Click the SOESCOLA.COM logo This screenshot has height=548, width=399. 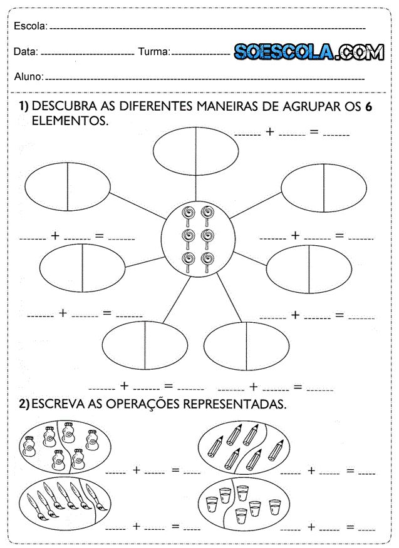309,52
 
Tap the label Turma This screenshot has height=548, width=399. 153,52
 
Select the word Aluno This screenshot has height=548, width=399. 28,76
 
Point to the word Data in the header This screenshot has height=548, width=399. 26,52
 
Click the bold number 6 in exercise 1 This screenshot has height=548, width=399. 369,107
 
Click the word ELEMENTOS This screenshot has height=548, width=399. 70,120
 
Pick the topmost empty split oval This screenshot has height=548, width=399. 196,153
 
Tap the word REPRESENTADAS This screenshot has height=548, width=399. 234,404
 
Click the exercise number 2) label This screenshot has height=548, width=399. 24,404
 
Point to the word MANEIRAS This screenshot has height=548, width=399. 229,107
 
